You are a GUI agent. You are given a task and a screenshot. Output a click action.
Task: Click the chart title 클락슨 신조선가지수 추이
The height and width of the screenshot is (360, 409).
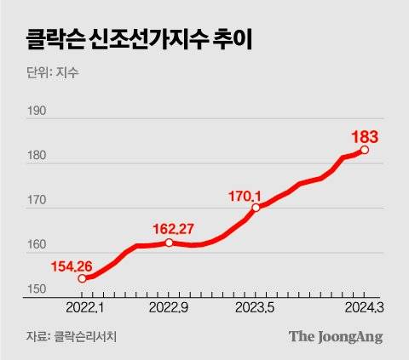(x=129, y=37)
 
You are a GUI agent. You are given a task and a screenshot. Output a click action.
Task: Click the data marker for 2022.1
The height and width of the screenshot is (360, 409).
(x=82, y=278)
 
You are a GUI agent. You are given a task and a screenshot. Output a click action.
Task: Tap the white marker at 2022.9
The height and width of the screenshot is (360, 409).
(x=169, y=243)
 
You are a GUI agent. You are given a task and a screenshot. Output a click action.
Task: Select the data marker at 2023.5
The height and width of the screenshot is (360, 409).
(x=256, y=207)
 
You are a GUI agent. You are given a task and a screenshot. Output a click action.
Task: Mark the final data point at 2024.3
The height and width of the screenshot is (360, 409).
(x=365, y=150)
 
